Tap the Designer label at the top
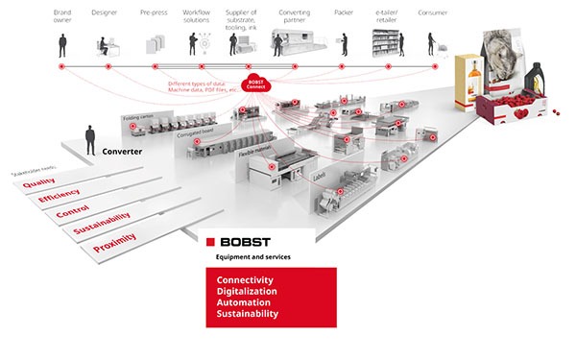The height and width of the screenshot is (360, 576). tap(105, 12)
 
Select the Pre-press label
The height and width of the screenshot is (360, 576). tap(155, 12)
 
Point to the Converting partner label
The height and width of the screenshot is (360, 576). tap(295, 17)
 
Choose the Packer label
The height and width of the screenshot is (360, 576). tap(344, 12)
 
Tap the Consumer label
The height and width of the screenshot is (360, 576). tap(433, 12)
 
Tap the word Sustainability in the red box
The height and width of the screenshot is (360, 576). tap(248, 314)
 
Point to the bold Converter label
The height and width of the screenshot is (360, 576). tap(123, 151)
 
